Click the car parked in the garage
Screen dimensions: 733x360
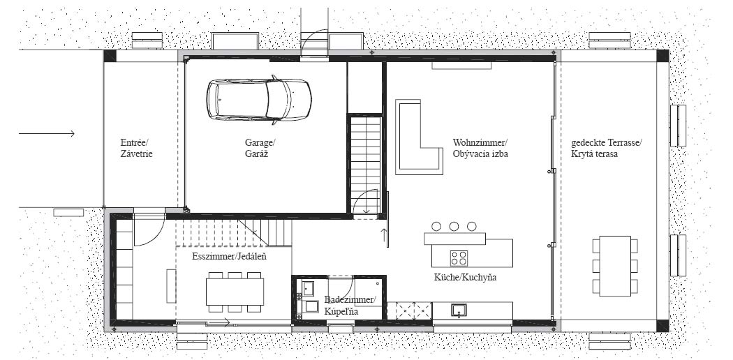pyautogui.click(x=259, y=100)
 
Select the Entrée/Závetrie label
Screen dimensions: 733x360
pyautogui.click(x=137, y=148)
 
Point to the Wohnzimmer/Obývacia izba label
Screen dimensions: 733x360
pyautogui.click(x=480, y=148)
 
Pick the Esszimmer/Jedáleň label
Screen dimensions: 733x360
pyautogui.click(x=230, y=256)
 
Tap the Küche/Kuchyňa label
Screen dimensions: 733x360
pyautogui.click(x=465, y=278)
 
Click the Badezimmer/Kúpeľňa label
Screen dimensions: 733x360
pyautogui.click(x=350, y=305)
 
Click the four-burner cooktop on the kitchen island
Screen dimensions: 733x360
pyautogui.click(x=459, y=258)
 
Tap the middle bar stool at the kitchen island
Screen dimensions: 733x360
pyautogui.click(x=454, y=227)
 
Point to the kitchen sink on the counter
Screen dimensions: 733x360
pyautogui.click(x=459, y=310)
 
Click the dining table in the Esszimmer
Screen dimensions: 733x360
pyautogui.click(x=235, y=292)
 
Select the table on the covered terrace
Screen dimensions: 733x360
pyautogui.click(x=615, y=266)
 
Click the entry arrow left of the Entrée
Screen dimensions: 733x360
pyautogui.click(x=47, y=134)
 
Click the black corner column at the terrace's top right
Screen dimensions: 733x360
pyautogui.click(x=662, y=56)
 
